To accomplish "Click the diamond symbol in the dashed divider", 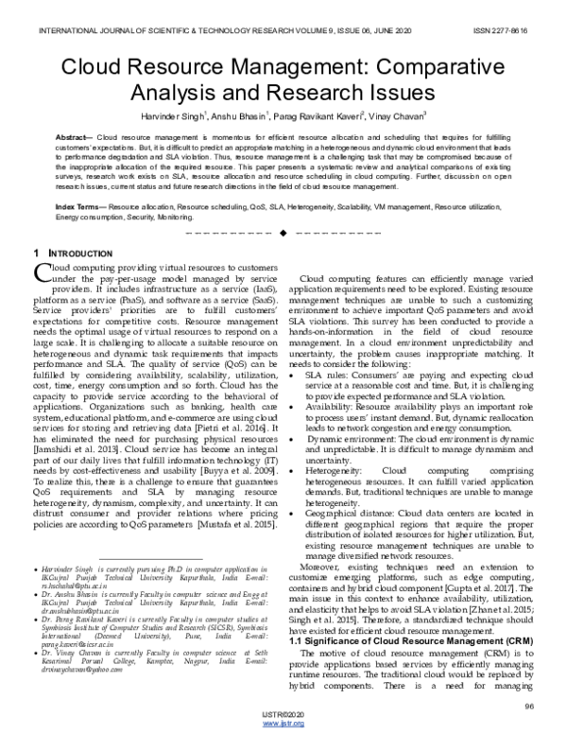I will [283, 231].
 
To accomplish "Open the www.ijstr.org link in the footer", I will [283, 725].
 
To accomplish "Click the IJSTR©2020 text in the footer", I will [283, 716].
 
